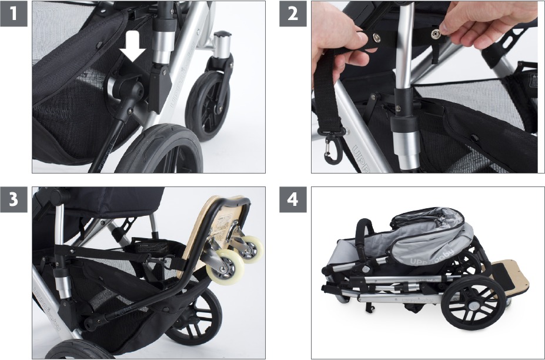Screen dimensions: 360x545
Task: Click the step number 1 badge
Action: pos(14,14)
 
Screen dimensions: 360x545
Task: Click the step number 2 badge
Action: pos(293,14)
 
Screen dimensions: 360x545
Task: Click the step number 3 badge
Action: pos(14,200)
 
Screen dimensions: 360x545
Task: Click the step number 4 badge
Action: pos(293,200)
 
